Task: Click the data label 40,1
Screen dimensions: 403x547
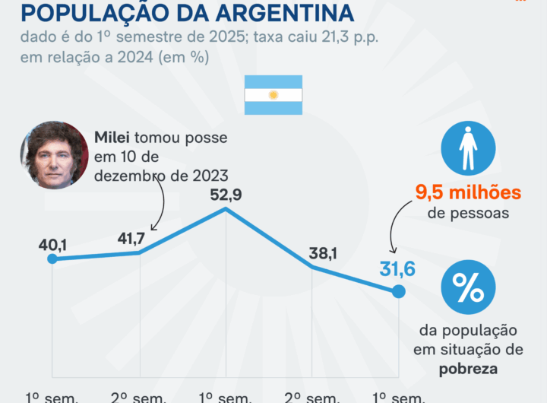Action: pyautogui.click(x=52, y=245)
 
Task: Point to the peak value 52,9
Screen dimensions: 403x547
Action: pyautogui.click(x=226, y=195)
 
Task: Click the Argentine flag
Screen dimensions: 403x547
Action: pyautogui.click(x=273, y=95)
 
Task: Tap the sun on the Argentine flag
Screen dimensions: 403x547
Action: pyautogui.click(x=273, y=95)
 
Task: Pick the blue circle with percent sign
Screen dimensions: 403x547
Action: pyautogui.click(x=468, y=288)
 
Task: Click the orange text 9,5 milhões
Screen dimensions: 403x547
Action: pyautogui.click(x=468, y=192)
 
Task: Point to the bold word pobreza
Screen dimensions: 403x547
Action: pyautogui.click(x=468, y=368)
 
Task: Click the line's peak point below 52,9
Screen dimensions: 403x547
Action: pyautogui.click(x=226, y=209)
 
